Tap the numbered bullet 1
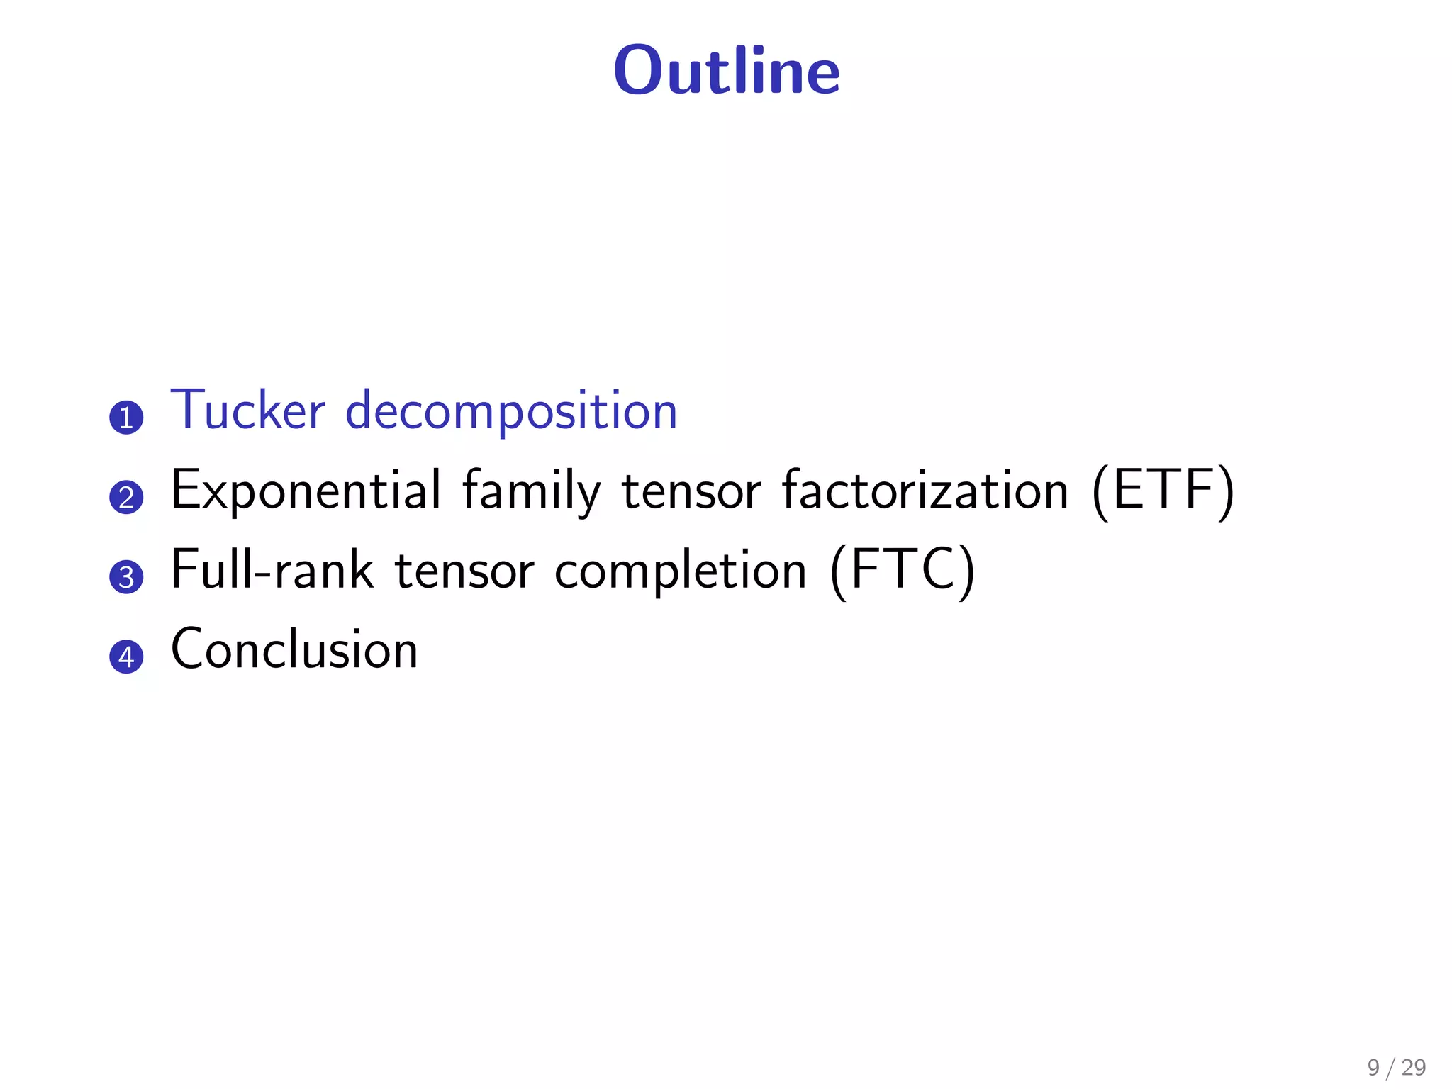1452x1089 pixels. (126, 418)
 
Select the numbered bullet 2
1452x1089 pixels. (126, 497)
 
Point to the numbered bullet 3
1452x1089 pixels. (126, 576)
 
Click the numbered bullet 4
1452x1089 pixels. (126, 656)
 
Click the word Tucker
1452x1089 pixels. (247, 411)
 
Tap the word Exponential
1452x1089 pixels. (306, 491)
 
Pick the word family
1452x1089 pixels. (531, 491)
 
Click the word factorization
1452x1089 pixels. (925, 491)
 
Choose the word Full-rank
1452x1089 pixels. (272, 570)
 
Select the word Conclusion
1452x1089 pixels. (294, 649)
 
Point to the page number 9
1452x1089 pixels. (1373, 1067)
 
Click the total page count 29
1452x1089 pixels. (1413, 1067)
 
